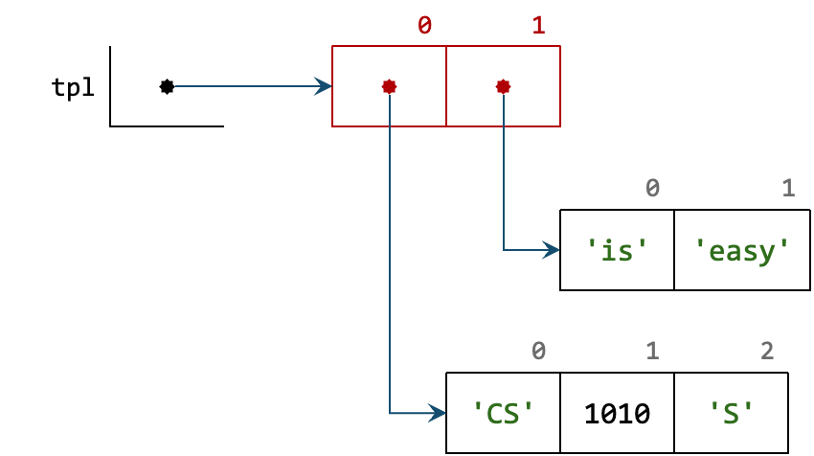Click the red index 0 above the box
click(424, 26)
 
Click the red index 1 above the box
click(538, 26)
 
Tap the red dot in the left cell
click(389, 86)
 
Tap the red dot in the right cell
click(503, 86)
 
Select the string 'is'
click(617, 251)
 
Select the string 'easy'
click(742, 251)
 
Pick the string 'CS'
click(503, 414)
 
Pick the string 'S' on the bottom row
click(732, 414)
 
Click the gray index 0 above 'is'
click(652, 189)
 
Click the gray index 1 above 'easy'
click(788, 189)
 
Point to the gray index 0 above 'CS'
click(538, 352)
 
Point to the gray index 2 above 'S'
click(767, 352)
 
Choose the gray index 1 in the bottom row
click(652, 352)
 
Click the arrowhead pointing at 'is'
click(552, 250)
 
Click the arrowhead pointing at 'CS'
click(438, 413)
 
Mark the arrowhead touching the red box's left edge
click(324, 86)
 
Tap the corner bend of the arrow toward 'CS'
click(390, 413)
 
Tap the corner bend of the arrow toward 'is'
click(504, 250)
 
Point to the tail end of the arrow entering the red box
click(177, 86)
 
